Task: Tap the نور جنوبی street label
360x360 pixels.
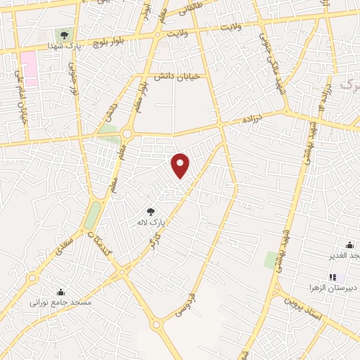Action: (72, 77)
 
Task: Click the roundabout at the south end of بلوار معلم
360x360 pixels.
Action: (127, 134)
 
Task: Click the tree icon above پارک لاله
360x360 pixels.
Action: (150, 211)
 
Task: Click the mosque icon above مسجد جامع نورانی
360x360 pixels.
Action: (60, 292)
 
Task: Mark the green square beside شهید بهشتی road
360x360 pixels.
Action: (271, 260)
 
